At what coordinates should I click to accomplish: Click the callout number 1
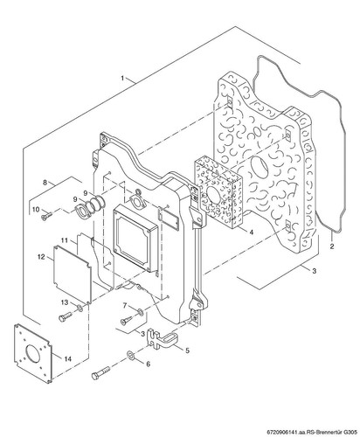(x=122, y=78)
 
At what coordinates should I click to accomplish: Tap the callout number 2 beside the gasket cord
(x=332, y=246)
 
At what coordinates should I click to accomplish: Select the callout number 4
(x=252, y=232)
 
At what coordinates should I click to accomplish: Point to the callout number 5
(x=187, y=350)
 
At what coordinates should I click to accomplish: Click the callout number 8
(x=45, y=183)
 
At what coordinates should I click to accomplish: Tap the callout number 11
(x=65, y=240)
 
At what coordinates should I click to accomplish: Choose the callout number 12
(x=41, y=257)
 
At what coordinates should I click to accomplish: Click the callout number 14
(x=67, y=358)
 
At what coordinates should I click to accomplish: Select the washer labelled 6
(x=130, y=355)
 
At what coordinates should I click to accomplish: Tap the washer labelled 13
(x=80, y=308)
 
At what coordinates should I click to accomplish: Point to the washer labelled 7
(x=140, y=312)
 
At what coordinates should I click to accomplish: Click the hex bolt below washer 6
(x=100, y=372)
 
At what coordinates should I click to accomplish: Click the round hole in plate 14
(x=33, y=353)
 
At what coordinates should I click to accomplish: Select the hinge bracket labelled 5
(x=162, y=338)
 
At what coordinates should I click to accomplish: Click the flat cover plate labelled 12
(x=73, y=274)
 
